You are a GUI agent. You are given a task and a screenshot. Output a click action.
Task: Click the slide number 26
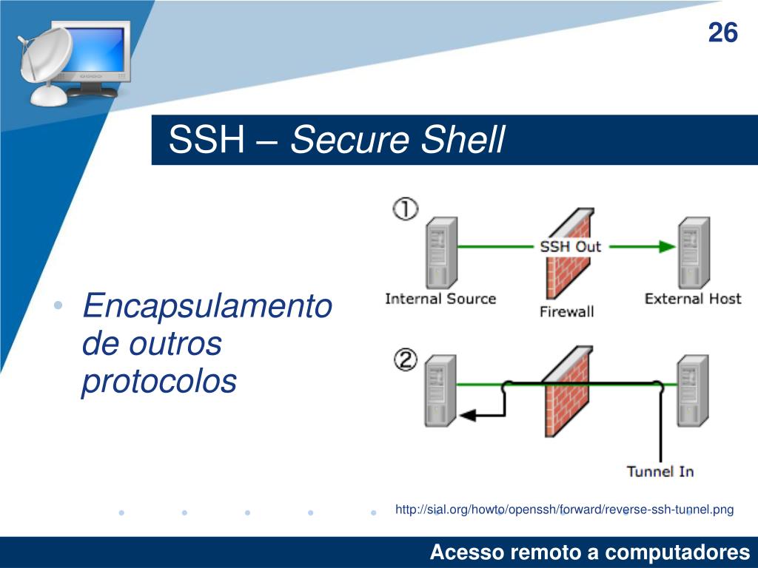[722, 33]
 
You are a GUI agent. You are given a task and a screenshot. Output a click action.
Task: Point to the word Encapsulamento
[207, 305]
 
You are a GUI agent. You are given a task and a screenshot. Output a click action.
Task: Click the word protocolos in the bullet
[159, 382]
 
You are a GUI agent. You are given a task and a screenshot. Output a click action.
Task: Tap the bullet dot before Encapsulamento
[58, 307]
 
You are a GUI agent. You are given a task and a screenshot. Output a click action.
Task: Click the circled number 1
[405, 209]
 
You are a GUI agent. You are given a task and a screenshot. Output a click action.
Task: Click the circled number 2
[405, 360]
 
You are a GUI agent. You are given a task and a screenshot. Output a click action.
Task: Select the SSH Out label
[570, 246]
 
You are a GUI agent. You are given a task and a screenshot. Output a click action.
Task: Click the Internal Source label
[440, 299]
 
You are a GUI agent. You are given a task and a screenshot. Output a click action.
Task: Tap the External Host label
[692, 299]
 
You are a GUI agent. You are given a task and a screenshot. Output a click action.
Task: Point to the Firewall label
[566, 311]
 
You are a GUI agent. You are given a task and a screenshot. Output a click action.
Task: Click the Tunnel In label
[660, 471]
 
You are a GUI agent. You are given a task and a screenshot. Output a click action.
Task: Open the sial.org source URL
[564, 510]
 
